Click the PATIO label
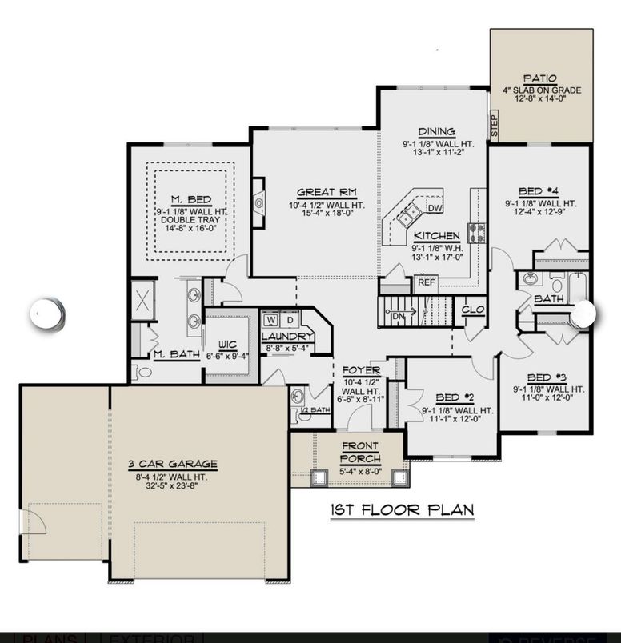(540, 78)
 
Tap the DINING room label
(437, 132)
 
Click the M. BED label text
(190, 199)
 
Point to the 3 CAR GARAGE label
(173, 464)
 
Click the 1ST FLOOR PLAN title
(402, 509)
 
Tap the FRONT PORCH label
(360, 453)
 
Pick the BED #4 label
(539, 192)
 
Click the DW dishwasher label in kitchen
(435, 209)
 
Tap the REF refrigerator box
(426, 282)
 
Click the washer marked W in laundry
(271, 321)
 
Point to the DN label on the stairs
(399, 315)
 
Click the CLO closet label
(470, 308)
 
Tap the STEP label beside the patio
(494, 126)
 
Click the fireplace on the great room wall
(258, 203)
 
